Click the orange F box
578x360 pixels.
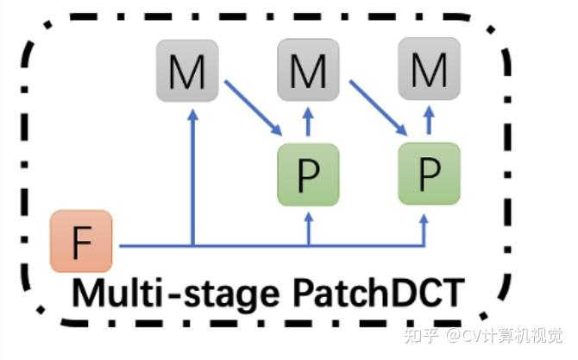point(81,241)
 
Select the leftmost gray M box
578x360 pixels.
point(186,71)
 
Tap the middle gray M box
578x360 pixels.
point(307,71)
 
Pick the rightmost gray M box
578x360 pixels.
point(428,71)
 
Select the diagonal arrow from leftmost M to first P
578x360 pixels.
point(253,108)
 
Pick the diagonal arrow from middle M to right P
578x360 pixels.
point(376,108)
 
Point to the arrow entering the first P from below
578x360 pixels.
point(308,226)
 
